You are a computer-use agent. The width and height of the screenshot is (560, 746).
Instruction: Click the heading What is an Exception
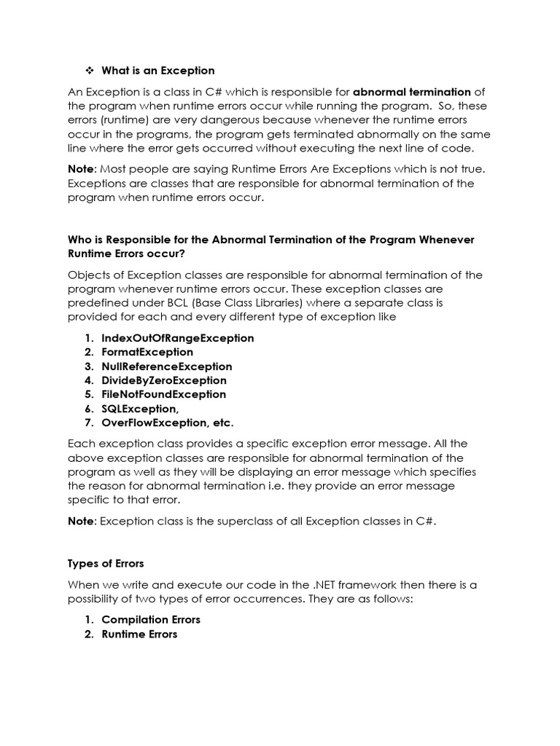pyautogui.click(x=158, y=71)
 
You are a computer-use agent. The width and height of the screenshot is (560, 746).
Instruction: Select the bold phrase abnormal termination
pyautogui.click(x=412, y=92)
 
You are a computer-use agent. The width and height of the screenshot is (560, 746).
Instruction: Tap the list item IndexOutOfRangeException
pyautogui.click(x=178, y=338)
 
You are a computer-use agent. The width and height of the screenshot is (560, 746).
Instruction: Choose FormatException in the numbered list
pyautogui.click(x=147, y=352)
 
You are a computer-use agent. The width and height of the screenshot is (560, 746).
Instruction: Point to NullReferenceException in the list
pyautogui.click(x=166, y=366)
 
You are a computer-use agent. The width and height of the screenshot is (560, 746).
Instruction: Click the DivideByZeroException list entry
pyautogui.click(x=164, y=380)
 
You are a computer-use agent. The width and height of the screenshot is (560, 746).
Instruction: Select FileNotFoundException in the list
pyautogui.click(x=164, y=394)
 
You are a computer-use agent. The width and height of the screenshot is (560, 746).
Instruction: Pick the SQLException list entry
pyautogui.click(x=140, y=409)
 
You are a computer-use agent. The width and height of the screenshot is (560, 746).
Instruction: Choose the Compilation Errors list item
pyautogui.click(x=151, y=619)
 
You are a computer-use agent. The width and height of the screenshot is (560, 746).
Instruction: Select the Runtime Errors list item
pyautogui.click(x=139, y=634)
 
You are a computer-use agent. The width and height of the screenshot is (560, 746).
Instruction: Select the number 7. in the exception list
pyautogui.click(x=89, y=423)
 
